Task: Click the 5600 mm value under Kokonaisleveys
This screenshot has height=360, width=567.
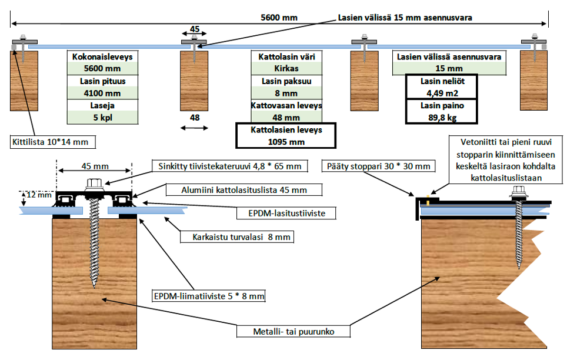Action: click(102, 68)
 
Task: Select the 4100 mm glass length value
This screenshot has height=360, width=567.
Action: click(102, 93)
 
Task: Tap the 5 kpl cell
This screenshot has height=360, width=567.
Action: click(102, 117)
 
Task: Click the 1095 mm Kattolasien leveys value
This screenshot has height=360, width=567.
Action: click(286, 141)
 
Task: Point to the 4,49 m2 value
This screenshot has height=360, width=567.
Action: click(441, 92)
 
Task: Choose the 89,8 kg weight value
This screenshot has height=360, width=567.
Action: click(441, 117)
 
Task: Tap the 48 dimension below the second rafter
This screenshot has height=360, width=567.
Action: click(194, 117)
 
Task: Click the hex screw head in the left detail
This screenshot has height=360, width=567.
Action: click(94, 183)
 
